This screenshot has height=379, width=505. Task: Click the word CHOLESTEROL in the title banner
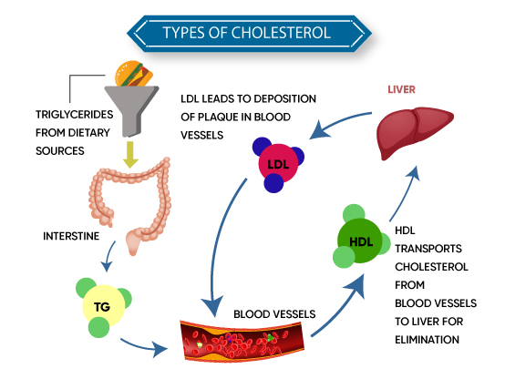coord(281,33)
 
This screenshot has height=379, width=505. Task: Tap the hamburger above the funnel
coord(134,74)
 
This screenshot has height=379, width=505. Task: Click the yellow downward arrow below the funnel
coord(130,155)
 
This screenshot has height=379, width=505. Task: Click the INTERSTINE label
coord(71,236)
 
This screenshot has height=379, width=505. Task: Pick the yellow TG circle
coord(103,306)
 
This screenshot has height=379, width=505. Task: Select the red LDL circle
coord(278,164)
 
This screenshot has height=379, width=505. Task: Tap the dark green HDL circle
coord(360,241)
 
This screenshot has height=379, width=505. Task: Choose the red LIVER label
coord(401,89)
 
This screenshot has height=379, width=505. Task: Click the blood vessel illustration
coord(242,341)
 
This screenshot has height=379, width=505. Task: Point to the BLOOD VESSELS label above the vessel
coord(274,314)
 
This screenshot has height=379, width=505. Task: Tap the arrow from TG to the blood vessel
coord(145,346)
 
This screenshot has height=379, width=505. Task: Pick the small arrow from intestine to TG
coord(108,256)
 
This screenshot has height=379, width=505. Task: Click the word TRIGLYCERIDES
coord(75,114)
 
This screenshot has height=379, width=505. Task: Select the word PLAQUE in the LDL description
coord(219,117)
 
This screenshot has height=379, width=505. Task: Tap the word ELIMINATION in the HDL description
coord(427,340)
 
